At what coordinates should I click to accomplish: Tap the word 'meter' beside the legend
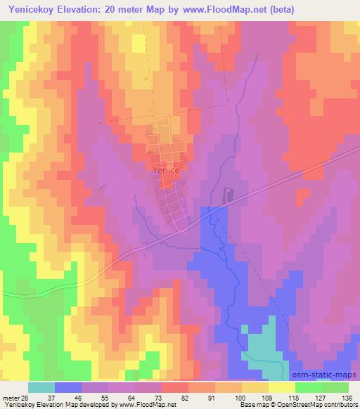pos(11,398)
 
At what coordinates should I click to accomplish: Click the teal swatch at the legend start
pos(41,387)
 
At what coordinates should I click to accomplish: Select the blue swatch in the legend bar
pos(68,387)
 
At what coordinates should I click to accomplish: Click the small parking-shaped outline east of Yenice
pos(226,195)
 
